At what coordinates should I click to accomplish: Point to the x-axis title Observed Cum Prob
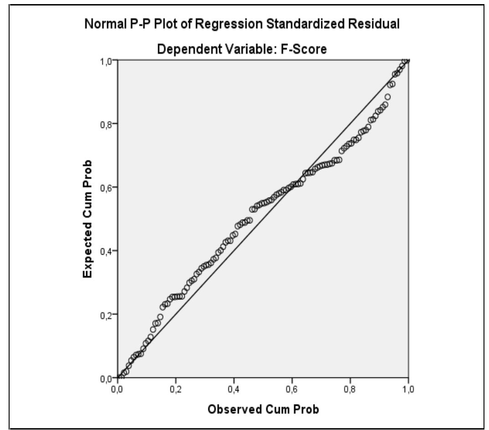(x=263, y=409)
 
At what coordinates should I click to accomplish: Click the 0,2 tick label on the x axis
(x=175, y=388)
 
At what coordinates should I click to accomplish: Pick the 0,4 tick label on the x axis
(x=234, y=388)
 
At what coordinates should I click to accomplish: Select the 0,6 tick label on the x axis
(x=292, y=388)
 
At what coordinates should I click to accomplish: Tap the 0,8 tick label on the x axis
(x=350, y=388)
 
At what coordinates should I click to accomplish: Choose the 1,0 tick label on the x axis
(x=408, y=388)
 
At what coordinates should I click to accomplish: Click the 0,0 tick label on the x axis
(x=117, y=388)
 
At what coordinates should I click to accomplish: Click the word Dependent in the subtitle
(x=181, y=49)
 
